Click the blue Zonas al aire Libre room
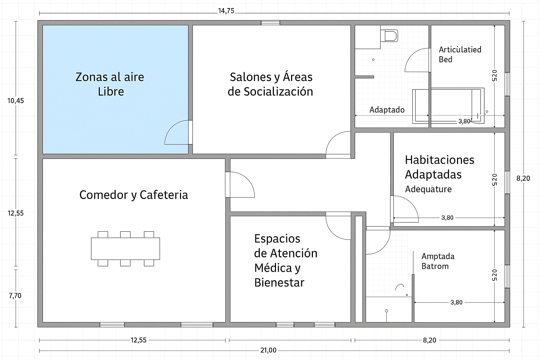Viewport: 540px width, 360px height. click(115, 89)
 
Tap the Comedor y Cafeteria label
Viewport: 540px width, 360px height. click(134, 195)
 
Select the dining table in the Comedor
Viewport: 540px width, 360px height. click(126, 249)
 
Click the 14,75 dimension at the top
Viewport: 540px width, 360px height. click(226, 11)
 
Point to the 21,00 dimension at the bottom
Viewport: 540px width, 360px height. click(268, 350)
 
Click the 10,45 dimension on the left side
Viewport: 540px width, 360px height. click(16, 101)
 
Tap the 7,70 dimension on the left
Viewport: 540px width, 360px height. click(15, 296)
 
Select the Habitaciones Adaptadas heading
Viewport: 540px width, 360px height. click(439, 167)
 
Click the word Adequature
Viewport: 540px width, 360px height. click(428, 189)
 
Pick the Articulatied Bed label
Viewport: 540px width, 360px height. click(460, 54)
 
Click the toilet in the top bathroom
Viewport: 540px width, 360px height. click(389, 36)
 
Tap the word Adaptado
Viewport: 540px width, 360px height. click(387, 110)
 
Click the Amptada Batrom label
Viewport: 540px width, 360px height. click(438, 261)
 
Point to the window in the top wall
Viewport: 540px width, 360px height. click(270, 23)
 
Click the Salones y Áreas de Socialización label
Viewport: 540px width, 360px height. click(270, 84)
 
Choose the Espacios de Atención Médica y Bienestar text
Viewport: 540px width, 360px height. click(286, 261)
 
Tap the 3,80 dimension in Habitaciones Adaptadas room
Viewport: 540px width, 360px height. click(448, 218)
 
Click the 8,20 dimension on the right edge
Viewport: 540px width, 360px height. click(523, 179)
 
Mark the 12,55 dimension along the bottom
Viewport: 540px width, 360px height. click(139, 340)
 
